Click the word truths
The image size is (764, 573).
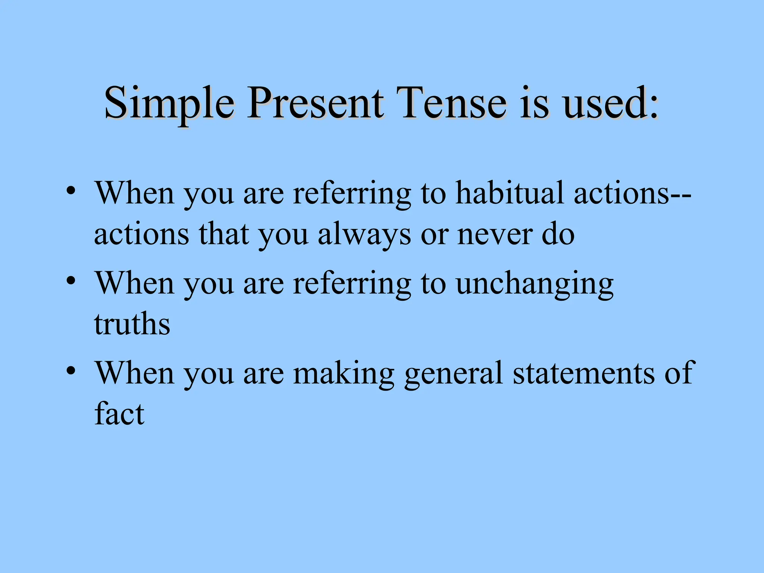(132, 324)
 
